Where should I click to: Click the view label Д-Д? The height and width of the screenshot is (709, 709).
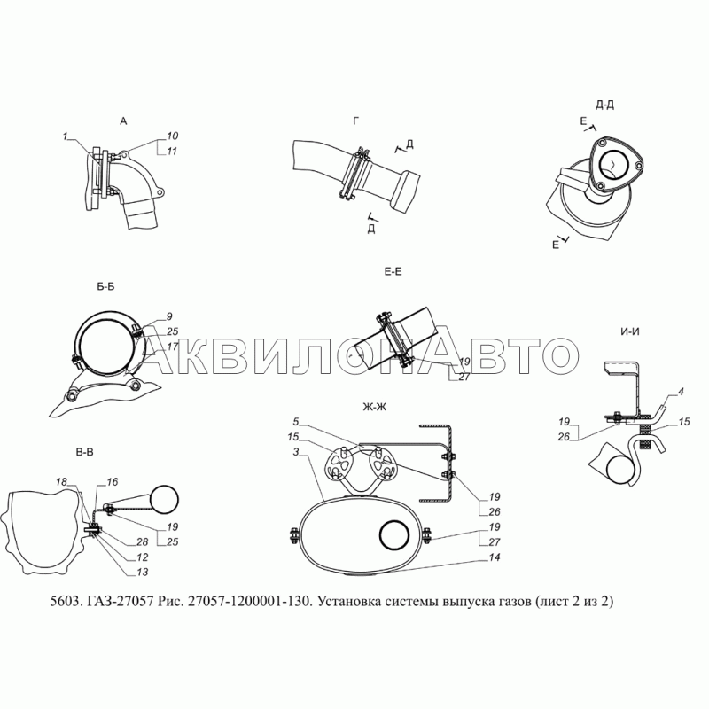coord(604,105)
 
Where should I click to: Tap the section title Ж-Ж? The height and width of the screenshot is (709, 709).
coord(374,407)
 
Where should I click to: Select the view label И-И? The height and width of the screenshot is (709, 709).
coord(630,331)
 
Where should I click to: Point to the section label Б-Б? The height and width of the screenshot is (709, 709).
coord(105,286)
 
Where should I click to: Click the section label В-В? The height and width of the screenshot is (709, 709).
coord(84,452)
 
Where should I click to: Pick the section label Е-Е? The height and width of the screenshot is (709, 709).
coord(393,271)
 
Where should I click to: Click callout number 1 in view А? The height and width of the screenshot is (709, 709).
coord(65,136)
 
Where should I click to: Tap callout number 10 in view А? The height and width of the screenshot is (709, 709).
coord(172,136)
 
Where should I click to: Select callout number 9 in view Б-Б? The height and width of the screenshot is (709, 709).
coord(169,316)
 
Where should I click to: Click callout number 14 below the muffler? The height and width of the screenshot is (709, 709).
coord(495,557)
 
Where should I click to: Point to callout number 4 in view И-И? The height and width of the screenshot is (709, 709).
coord(681,392)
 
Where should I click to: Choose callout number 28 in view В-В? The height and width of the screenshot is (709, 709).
coord(142,542)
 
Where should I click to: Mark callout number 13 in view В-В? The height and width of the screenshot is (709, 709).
coord(142,572)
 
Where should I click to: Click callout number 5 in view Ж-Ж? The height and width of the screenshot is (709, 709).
coord(296,422)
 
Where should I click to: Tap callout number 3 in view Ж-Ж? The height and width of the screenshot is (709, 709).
coord(296,452)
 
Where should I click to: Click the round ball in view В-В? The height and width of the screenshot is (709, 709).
coord(164,500)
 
